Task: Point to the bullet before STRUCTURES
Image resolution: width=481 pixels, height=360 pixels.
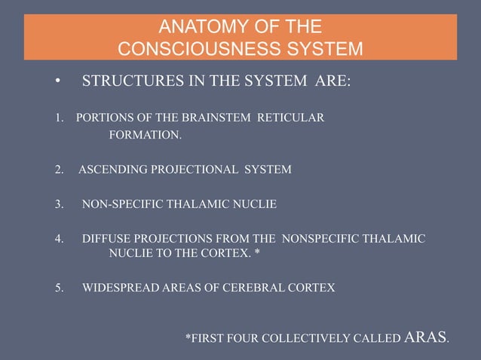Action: click(57, 81)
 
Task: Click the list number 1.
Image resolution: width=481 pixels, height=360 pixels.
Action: click(59, 118)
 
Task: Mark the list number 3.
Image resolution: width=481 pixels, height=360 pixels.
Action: click(59, 204)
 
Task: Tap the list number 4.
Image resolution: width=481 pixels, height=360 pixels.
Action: click(59, 239)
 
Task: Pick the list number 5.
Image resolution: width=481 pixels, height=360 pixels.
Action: click(59, 287)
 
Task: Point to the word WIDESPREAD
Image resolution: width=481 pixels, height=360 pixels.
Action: click(118, 287)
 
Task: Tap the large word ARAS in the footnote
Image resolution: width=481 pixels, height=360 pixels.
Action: click(426, 337)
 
